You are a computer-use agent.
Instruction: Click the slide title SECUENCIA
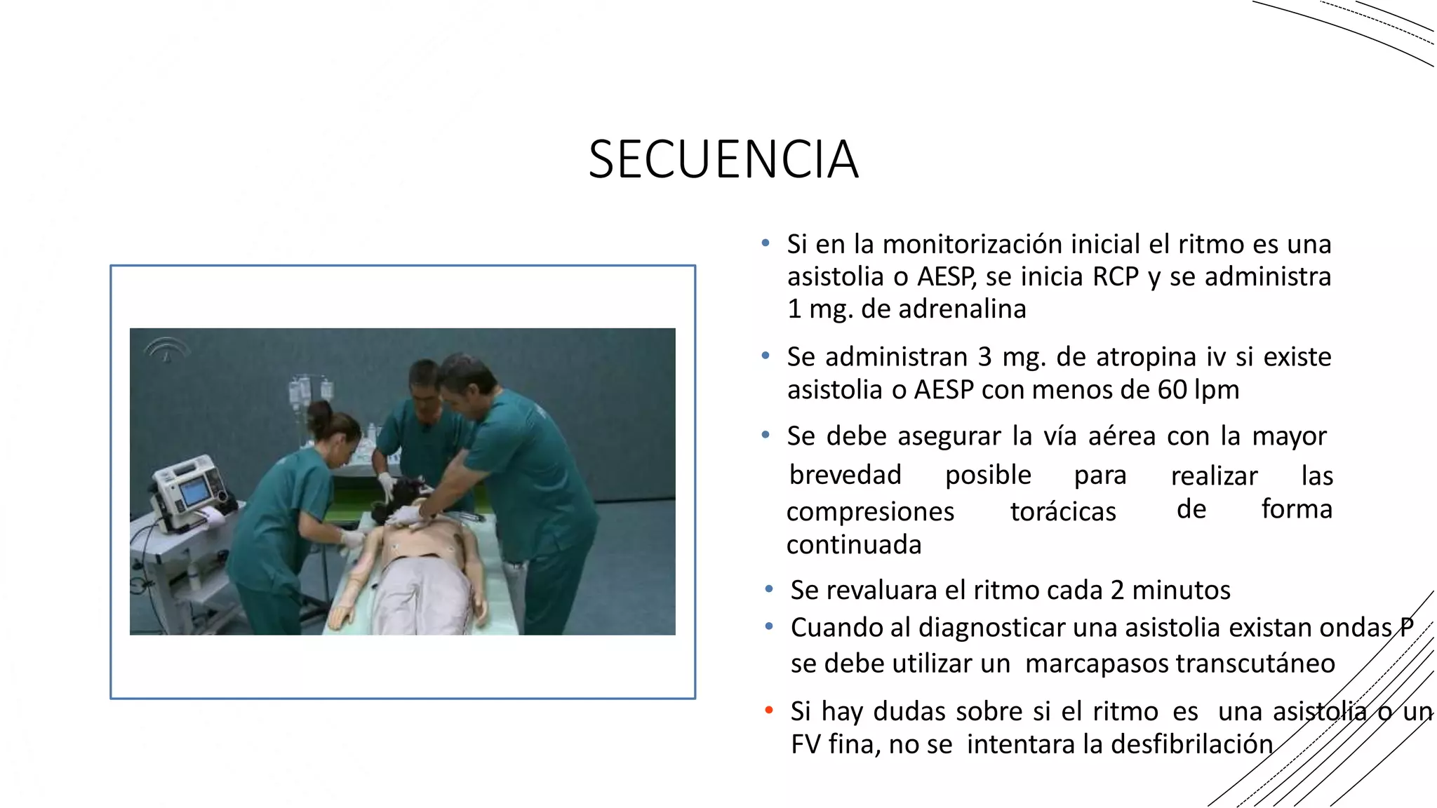pos(723,160)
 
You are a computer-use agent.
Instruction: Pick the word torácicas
pos(1062,512)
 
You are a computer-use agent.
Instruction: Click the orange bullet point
pos(769,711)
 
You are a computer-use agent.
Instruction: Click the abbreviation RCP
pos(1115,277)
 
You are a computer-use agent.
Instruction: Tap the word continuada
pos(853,545)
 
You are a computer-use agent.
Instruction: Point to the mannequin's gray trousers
pos(421,596)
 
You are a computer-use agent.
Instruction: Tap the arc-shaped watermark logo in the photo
pos(167,348)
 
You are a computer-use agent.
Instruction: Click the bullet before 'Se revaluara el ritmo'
pos(769,590)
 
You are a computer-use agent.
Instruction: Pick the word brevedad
pos(845,476)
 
